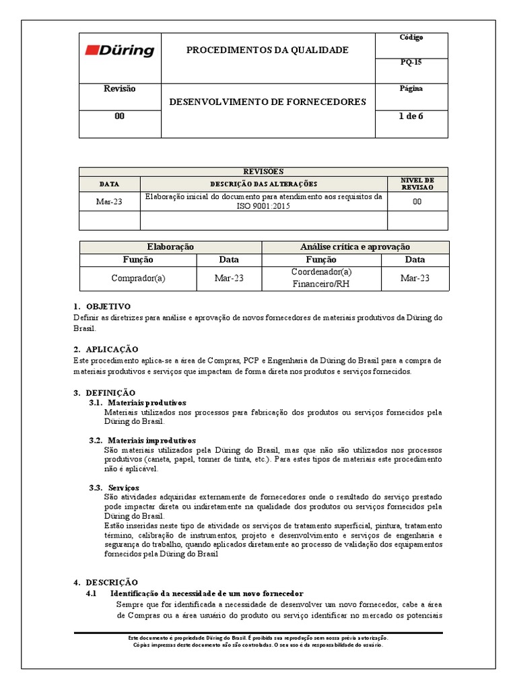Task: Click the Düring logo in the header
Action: click(x=120, y=51)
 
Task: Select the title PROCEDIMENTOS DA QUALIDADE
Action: click(x=267, y=50)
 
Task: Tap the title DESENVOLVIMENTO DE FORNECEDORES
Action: click(x=267, y=102)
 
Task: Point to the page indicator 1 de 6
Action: click(x=411, y=116)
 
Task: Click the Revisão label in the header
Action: click(x=119, y=89)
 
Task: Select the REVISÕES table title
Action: click(x=263, y=172)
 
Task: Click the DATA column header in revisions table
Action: click(x=109, y=184)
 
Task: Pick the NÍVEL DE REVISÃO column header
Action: click(x=417, y=184)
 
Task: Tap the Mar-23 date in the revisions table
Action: click(x=109, y=202)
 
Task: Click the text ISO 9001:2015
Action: click(x=263, y=207)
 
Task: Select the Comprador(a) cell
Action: click(x=138, y=278)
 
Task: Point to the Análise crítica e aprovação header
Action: click(x=355, y=247)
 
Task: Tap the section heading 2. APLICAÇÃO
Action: click(x=106, y=349)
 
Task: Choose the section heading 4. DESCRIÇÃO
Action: click(x=105, y=581)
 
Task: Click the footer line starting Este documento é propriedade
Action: click(x=258, y=637)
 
